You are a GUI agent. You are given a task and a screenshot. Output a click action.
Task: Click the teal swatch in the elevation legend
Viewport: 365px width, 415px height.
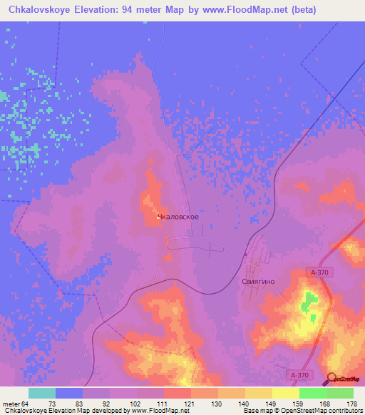[42, 393]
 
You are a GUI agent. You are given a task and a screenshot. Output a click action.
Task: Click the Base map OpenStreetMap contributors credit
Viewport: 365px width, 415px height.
[302, 411]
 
